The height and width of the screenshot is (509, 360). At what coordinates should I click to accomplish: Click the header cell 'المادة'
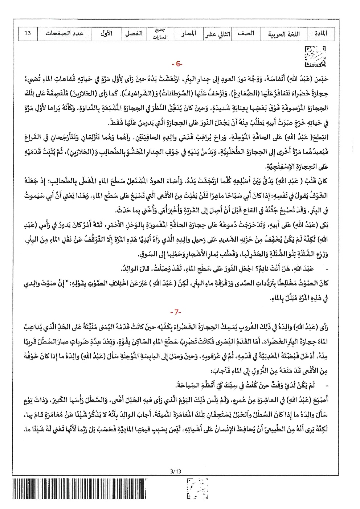tap(321, 34)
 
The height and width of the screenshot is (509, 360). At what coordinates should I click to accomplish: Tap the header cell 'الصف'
tap(246, 34)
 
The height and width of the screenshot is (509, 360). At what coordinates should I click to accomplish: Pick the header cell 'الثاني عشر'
tap(217, 34)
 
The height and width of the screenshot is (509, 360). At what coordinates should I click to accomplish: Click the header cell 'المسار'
tap(188, 34)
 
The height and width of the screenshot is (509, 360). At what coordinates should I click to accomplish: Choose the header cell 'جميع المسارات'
tap(160, 34)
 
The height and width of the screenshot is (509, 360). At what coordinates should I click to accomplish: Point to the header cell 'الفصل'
tap(134, 34)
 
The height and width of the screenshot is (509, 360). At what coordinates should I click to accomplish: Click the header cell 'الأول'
tap(106, 34)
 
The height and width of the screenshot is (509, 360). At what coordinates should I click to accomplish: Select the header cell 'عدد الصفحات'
tap(65, 34)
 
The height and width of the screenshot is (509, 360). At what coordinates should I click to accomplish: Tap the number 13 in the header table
tap(28, 34)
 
